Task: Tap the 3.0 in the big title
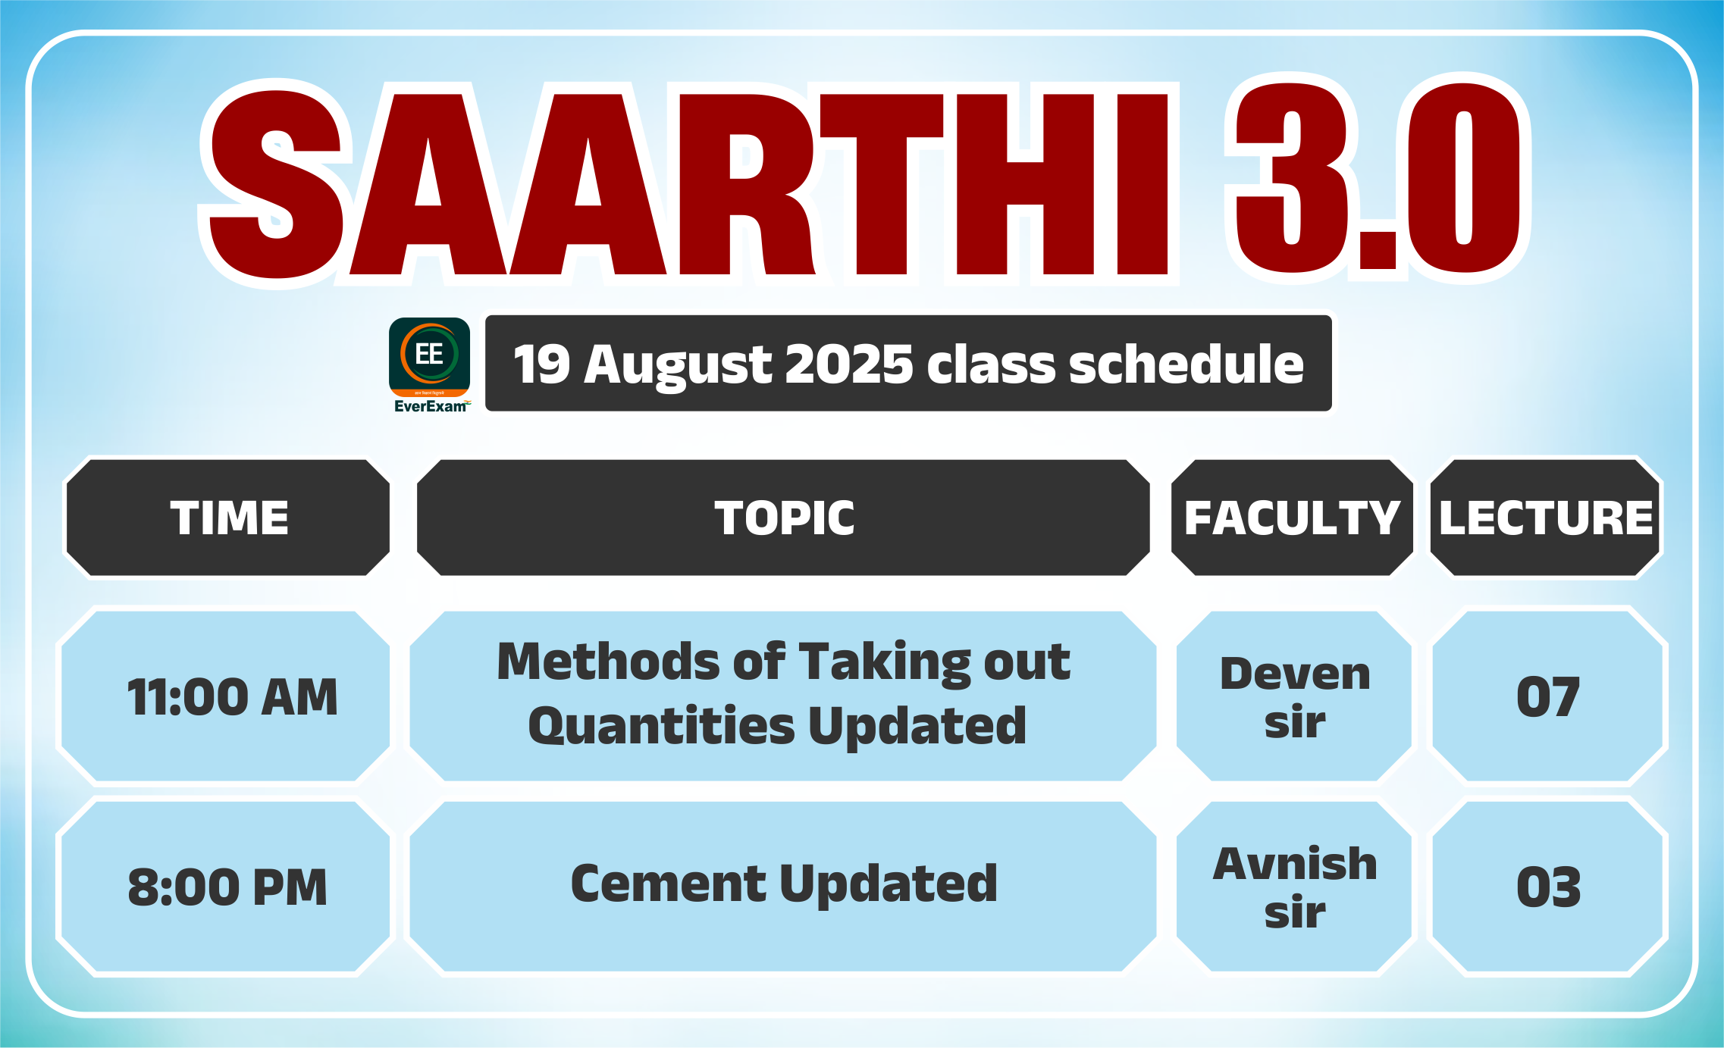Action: point(1377,179)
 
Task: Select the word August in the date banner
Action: point(678,366)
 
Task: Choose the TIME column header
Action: point(229,518)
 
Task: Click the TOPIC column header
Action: point(784,518)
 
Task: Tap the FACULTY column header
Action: point(1292,518)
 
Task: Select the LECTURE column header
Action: point(1546,518)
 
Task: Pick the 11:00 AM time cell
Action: point(225,696)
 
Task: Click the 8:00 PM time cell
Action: point(225,887)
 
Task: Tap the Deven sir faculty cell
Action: point(1294,696)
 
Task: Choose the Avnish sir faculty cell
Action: point(1294,887)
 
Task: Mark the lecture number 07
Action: point(1548,697)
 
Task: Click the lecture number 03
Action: point(1548,887)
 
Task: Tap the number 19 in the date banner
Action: point(541,364)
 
